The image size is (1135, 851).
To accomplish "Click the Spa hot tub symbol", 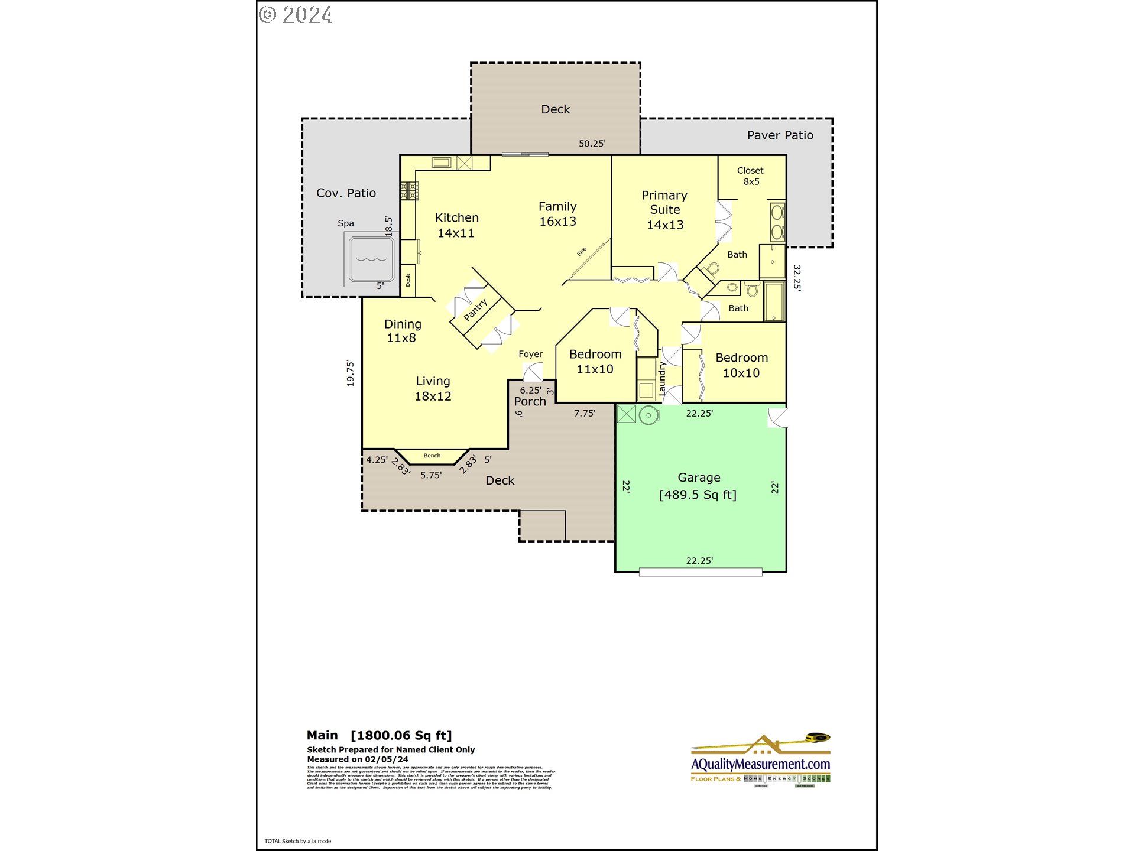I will (x=371, y=258).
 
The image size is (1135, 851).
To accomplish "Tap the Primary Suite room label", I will (x=664, y=210).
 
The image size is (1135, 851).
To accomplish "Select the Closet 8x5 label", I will (x=750, y=176).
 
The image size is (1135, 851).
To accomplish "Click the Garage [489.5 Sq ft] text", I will (x=698, y=486).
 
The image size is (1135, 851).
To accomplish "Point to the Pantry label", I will (x=475, y=310).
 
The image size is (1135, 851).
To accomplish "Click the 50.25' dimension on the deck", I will (x=592, y=144).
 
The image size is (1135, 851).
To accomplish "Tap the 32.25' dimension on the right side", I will (x=797, y=277).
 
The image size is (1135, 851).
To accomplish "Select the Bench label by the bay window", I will (x=432, y=456).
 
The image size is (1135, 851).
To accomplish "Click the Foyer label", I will (x=530, y=354).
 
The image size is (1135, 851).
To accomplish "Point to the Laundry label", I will (x=662, y=379).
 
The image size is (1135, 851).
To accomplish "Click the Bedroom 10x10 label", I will (x=741, y=365).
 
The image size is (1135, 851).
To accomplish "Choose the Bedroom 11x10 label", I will (x=595, y=362).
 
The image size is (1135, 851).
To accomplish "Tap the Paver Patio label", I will (x=780, y=135).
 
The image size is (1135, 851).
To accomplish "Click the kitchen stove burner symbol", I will (x=410, y=191).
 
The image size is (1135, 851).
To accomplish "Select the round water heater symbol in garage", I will (x=648, y=415).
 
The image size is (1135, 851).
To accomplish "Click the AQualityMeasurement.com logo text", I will (x=760, y=764).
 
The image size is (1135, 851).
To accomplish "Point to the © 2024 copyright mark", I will (x=296, y=15).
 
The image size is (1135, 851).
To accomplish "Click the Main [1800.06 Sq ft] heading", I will (x=379, y=735).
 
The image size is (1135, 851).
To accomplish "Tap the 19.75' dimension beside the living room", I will (x=351, y=373).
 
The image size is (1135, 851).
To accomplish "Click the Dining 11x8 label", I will (x=403, y=331).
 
